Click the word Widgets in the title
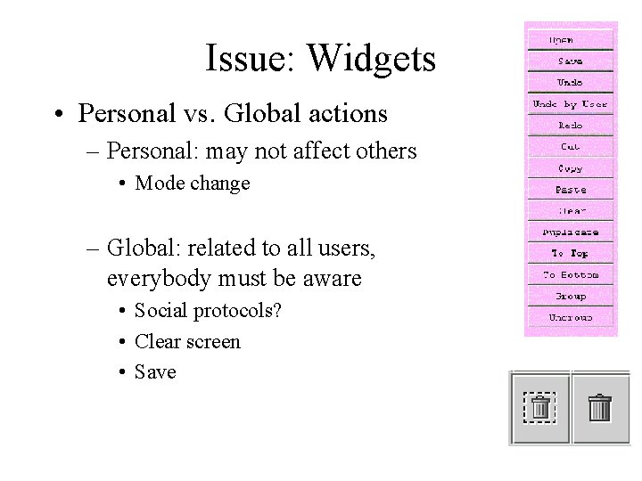(x=372, y=59)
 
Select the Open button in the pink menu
(x=571, y=40)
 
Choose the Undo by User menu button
(x=571, y=104)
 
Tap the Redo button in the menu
(x=571, y=126)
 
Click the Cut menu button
(x=571, y=146)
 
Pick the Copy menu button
(x=571, y=168)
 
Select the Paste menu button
(x=571, y=190)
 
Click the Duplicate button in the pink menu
(x=571, y=232)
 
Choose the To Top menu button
(x=571, y=254)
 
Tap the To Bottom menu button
(x=571, y=275)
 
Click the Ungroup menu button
(x=571, y=317)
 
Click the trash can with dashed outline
(x=539, y=407)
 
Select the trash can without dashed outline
(x=600, y=407)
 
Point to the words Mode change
(x=192, y=183)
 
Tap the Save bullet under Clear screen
(x=155, y=371)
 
